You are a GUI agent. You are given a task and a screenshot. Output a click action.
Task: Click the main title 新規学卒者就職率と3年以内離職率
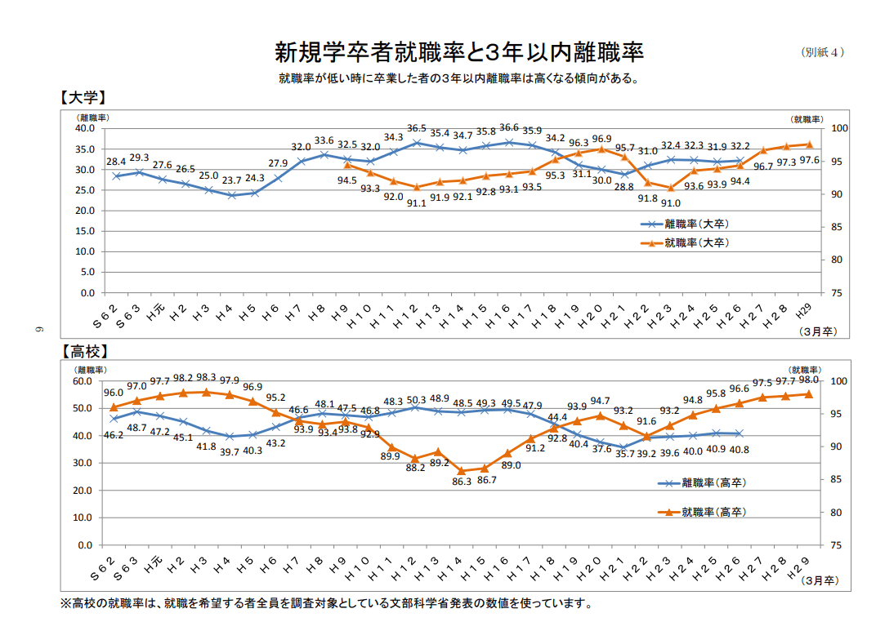coord(458,53)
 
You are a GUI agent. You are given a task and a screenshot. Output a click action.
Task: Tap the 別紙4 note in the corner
coord(821,52)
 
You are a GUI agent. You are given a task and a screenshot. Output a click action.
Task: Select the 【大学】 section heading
coord(83,97)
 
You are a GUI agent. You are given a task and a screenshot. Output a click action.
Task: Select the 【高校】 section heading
coord(83,352)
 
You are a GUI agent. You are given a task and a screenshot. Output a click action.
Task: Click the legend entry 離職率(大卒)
coord(695,223)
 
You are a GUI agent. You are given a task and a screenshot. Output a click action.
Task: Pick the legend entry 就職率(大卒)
coord(695,242)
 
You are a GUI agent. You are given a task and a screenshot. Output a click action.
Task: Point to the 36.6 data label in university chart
coord(509,127)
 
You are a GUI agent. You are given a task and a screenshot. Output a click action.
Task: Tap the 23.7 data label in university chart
coord(232,181)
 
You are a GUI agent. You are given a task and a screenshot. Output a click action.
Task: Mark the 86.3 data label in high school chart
coord(462,482)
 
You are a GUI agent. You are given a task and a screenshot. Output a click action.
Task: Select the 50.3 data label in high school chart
coord(417,400)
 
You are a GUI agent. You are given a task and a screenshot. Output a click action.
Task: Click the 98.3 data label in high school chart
coord(206,378)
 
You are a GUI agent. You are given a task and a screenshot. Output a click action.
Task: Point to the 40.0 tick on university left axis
coord(85,128)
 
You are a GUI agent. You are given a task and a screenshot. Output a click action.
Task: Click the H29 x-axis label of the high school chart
coord(802,564)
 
